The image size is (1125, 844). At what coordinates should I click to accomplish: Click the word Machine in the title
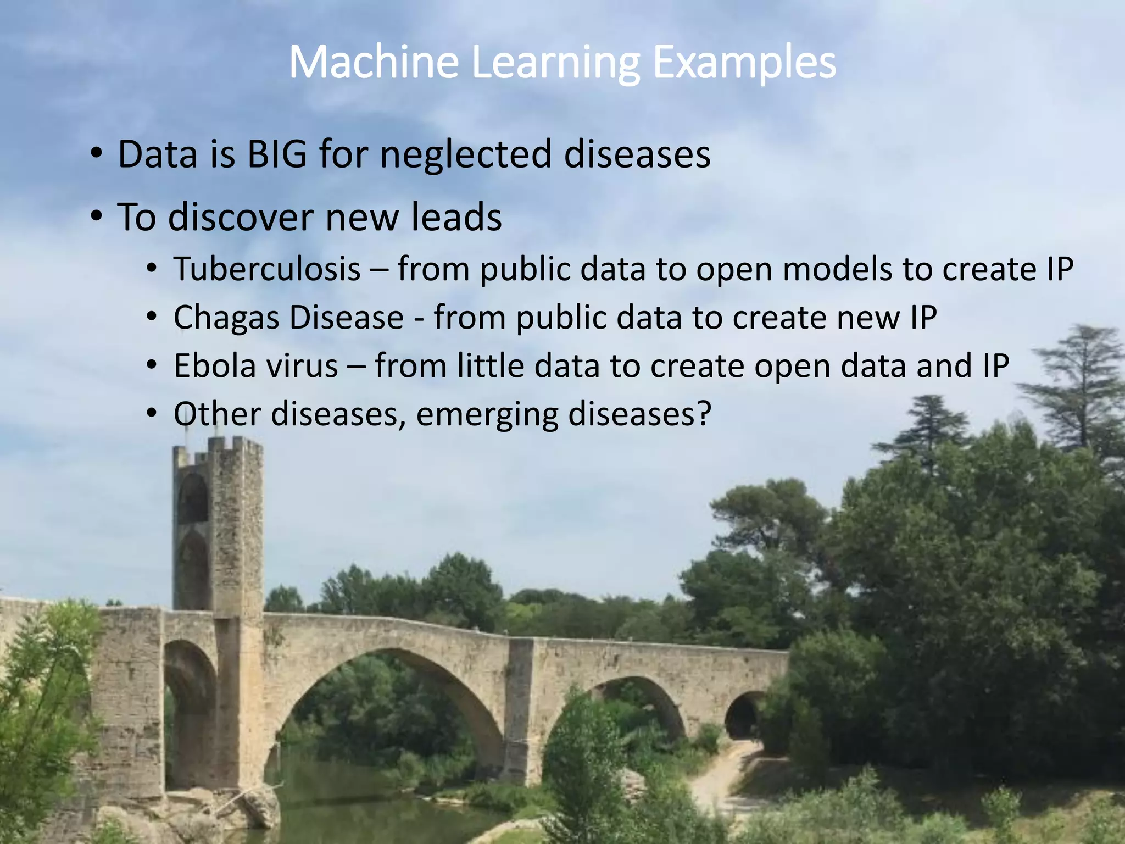click(374, 62)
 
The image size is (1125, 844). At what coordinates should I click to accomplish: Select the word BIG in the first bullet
click(277, 154)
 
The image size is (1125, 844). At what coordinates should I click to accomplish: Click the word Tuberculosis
click(267, 269)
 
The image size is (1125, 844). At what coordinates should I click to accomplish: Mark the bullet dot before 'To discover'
click(97, 216)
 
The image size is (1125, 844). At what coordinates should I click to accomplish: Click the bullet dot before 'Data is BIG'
click(97, 153)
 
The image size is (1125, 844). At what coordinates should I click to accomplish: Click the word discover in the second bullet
click(242, 217)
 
